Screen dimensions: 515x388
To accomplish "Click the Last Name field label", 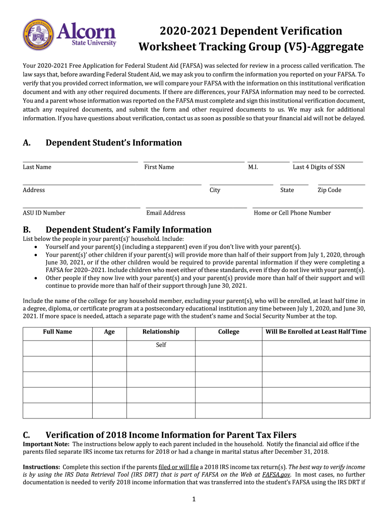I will (x=37, y=167).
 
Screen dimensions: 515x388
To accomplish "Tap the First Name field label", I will (x=159, y=167).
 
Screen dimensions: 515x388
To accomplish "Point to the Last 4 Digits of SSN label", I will (x=318, y=167).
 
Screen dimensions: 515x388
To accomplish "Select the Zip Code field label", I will (x=329, y=190).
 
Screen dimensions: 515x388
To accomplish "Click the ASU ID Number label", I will (x=44, y=213).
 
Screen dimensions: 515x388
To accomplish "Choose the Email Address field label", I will (x=165, y=213).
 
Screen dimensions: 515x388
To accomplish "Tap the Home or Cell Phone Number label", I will (x=292, y=213).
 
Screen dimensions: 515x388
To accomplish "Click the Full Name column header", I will (x=57, y=332).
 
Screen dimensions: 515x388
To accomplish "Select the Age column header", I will (x=109, y=332).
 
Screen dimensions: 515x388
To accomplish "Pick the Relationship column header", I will (x=161, y=332).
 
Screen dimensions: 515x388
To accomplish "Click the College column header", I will (x=228, y=332).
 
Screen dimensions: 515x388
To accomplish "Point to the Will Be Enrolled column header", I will (x=316, y=332).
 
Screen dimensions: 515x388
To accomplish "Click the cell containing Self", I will (x=161, y=345).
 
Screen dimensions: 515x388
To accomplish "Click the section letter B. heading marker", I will (x=28, y=230).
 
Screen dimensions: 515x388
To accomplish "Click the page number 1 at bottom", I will (x=194, y=499).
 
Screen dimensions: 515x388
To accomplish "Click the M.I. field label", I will (x=253, y=167).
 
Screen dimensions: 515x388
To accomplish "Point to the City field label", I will (x=215, y=190).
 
